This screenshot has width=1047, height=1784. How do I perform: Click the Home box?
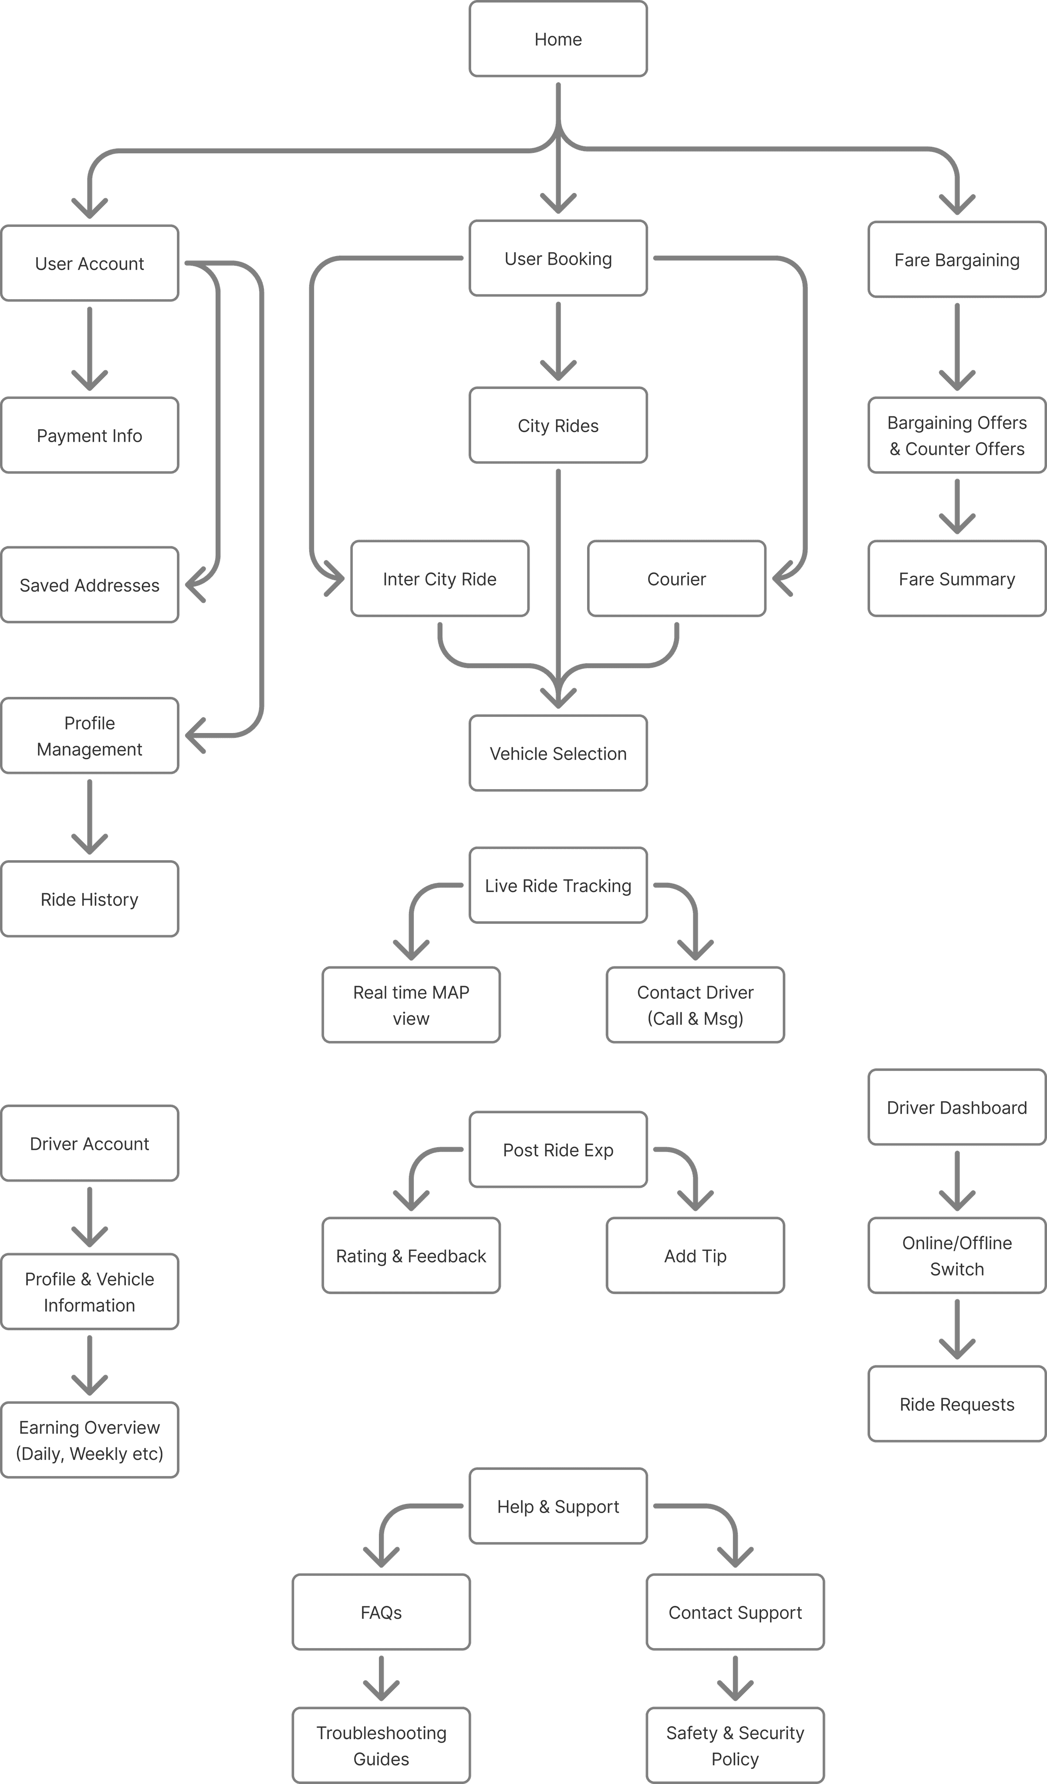point(558,39)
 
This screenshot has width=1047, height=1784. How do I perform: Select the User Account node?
point(89,264)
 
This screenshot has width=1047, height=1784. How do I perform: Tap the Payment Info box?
point(89,436)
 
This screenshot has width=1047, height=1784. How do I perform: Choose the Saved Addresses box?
point(89,585)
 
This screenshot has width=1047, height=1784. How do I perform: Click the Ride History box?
point(89,899)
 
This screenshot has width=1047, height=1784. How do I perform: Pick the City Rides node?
point(558,426)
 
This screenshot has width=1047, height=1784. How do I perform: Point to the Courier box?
point(676,579)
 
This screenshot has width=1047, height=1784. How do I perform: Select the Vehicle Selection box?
point(558,753)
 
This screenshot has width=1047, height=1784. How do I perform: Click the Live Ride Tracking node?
point(558,885)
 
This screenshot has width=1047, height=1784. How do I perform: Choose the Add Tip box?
point(695,1256)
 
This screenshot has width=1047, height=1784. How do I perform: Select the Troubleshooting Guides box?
point(381,1746)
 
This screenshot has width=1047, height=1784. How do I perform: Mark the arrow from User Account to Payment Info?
point(89,348)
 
